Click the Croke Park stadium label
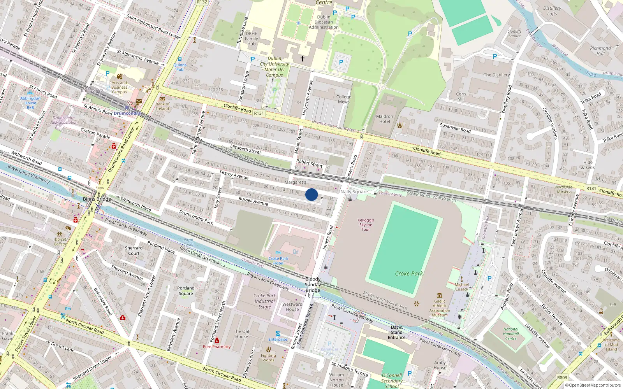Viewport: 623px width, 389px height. pyautogui.click(x=408, y=273)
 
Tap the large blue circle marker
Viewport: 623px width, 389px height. pyautogui.click(x=311, y=194)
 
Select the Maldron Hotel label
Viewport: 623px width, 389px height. pyautogui.click(x=384, y=119)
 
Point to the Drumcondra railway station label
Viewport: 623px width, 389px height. pyautogui.click(x=127, y=113)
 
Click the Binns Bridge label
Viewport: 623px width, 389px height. pyautogui.click(x=97, y=199)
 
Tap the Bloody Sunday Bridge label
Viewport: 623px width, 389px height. pyautogui.click(x=313, y=284)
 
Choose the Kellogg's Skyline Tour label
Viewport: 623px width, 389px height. pyautogui.click(x=366, y=224)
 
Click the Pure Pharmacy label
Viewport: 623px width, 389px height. pyautogui.click(x=216, y=347)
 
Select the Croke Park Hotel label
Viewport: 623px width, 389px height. pyautogui.click(x=278, y=261)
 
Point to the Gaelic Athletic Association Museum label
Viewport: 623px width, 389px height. pyautogui.click(x=440, y=308)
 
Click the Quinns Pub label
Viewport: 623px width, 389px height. pyautogui.click(x=180, y=67)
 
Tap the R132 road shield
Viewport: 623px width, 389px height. pyautogui.click(x=202, y=2)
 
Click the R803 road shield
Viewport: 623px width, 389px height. pyautogui.click(x=562, y=377)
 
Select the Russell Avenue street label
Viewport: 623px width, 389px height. pyautogui.click(x=253, y=201)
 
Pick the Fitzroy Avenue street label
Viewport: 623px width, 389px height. pyautogui.click(x=234, y=175)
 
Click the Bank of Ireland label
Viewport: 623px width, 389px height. pyautogui.click(x=162, y=106)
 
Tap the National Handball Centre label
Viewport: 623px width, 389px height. pyautogui.click(x=510, y=334)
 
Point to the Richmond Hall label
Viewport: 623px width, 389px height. pyautogui.click(x=600, y=51)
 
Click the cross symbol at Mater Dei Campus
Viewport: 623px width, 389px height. pyautogui.click(x=302, y=59)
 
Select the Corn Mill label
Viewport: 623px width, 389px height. pyautogui.click(x=461, y=96)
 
